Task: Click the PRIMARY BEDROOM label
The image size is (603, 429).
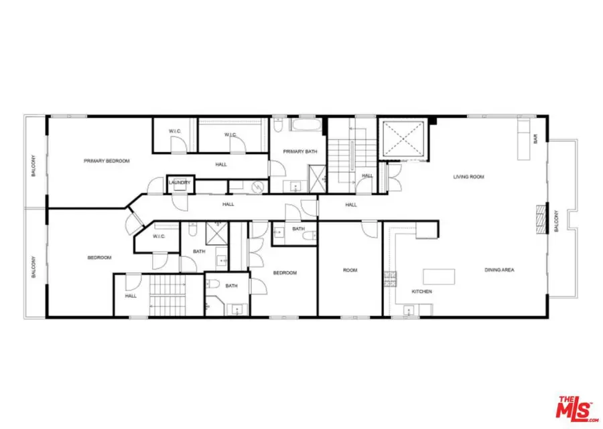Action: pos(107,161)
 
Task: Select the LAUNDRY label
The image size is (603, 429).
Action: pos(180,183)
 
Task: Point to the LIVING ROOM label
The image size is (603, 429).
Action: pos(468,177)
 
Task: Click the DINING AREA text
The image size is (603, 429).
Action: pos(499,270)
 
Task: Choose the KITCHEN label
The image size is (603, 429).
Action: pos(421,292)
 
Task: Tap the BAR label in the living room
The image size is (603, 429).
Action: pos(535,140)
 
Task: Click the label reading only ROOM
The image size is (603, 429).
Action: pos(350,270)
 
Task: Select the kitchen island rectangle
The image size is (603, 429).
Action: pos(438,275)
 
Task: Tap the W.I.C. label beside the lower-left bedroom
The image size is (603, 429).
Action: pos(159,236)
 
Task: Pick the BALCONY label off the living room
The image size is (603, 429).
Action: pos(555,222)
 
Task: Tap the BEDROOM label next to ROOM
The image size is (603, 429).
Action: pos(285,273)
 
